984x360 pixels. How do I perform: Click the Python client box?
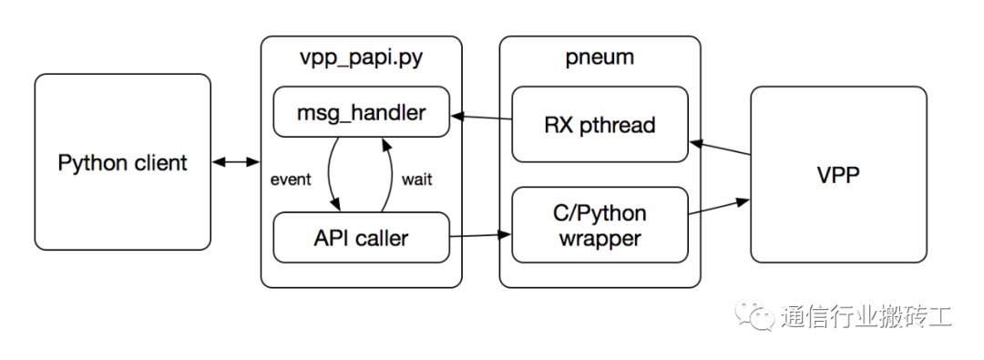[x=122, y=162]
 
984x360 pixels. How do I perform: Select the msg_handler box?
[x=362, y=113]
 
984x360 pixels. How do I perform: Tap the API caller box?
[x=362, y=239]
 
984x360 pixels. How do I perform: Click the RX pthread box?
[x=599, y=124]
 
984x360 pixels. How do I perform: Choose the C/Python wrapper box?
[x=599, y=225]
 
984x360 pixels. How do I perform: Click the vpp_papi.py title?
[x=362, y=58]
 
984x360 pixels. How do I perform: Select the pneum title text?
[x=599, y=58]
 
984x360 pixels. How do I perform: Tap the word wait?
[x=416, y=180]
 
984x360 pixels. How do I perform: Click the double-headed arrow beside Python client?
[x=235, y=163]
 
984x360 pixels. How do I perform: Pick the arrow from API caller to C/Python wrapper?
[x=481, y=236]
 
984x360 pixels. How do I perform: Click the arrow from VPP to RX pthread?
[x=719, y=149]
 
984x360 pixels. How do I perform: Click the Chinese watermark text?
[x=866, y=317]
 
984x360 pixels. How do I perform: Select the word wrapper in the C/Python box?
[x=599, y=239]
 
